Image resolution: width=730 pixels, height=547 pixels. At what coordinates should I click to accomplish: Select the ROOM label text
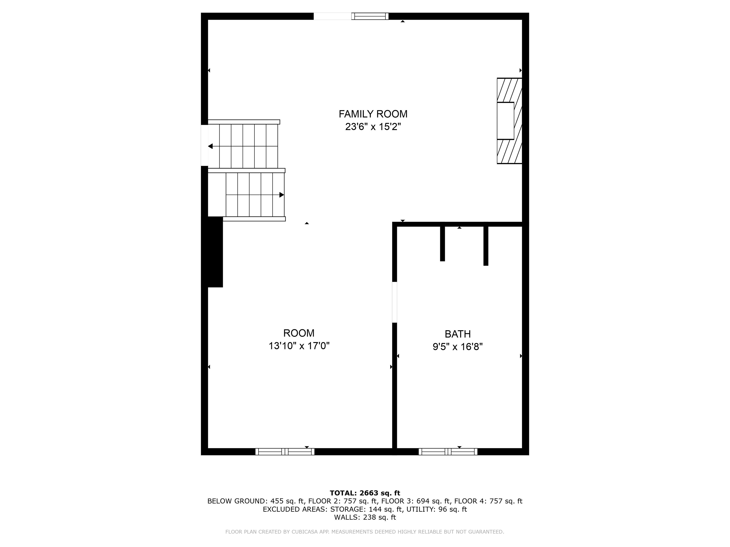[299, 333]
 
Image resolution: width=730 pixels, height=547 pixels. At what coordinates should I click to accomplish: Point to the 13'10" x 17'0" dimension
[299, 346]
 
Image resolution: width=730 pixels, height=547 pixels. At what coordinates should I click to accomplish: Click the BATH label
[457, 334]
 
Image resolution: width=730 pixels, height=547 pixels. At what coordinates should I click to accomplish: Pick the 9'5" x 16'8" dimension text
[457, 347]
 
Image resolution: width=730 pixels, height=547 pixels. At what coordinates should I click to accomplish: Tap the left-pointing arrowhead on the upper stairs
[210, 146]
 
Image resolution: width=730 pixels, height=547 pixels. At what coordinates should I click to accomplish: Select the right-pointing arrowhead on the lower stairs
[282, 195]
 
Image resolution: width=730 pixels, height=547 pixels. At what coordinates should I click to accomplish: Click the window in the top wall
[370, 16]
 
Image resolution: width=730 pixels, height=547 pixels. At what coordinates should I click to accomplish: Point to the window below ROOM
[285, 452]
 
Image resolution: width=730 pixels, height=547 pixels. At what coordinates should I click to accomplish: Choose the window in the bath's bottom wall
[448, 452]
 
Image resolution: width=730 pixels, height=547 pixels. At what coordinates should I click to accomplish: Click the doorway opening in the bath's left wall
[394, 302]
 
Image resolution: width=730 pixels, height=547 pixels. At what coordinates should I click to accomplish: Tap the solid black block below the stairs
[215, 252]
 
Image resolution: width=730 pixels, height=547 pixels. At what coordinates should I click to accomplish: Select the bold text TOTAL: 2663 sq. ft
[365, 493]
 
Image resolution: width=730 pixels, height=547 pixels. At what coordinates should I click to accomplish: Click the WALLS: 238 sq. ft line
[365, 517]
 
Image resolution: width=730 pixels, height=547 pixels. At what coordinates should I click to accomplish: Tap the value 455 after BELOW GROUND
[277, 501]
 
